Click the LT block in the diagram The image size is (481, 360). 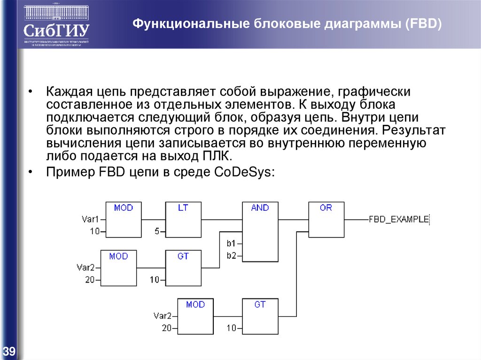[x=183, y=219]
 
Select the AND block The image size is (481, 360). [x=260, y=231]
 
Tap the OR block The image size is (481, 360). [x=326, y=219]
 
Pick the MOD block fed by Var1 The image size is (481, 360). [x=124, y=219]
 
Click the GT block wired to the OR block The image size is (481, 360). [x=260, y=315]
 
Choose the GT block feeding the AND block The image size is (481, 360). [x=183, y=268]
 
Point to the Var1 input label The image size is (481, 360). [x=91, y=219]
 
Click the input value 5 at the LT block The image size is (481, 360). [x=157, y=231]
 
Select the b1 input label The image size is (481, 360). [x=231, y=244]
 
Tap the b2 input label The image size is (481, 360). [x=231, y=255]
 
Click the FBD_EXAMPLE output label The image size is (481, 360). [x=399, y=219]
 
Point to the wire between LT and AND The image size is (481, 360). [x=222, y=219]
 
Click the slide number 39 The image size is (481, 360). [x=9, y=351]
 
